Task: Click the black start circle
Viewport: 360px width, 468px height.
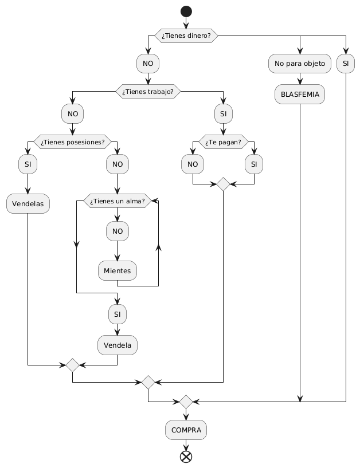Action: pos(185,11)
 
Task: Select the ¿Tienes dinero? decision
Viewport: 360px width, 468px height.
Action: pos(185,36)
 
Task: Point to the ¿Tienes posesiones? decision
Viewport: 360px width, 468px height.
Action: pos(72,141)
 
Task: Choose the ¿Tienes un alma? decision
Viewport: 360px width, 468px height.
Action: pos(118,200)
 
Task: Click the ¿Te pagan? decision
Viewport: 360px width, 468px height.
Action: pos(223,141)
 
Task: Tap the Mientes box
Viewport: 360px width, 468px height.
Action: pos(118,270)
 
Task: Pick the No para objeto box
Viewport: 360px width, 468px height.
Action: pos(300,63)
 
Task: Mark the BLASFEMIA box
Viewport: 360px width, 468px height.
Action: pos(300,94)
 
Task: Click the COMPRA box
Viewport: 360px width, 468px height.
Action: pos(186,430)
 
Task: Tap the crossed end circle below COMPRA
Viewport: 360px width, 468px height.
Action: pos(186,457)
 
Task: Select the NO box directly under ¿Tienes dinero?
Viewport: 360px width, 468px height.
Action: pos(147,63)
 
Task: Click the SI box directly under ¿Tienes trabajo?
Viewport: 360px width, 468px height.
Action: pos(223,114)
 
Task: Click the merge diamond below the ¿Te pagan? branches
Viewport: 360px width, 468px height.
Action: pos(223,184)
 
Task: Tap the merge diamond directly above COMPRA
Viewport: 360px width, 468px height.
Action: pos(186,402)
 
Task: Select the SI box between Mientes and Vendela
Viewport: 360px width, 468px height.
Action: pos(118,314)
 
